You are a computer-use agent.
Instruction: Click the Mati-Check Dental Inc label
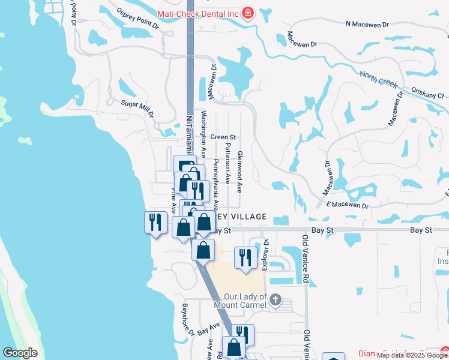click(x=197, y=13)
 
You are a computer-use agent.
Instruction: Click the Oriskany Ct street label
click(x=427, y=95)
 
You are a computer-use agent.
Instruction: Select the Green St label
click(x=223, y=137)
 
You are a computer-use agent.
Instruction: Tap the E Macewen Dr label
click(x=347, y=205)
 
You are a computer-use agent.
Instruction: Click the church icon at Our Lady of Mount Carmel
click(x=276, y=299)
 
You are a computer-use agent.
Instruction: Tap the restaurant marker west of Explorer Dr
click(x=245, y=258)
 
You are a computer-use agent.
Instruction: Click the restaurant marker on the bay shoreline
click(x=155, y=223)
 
